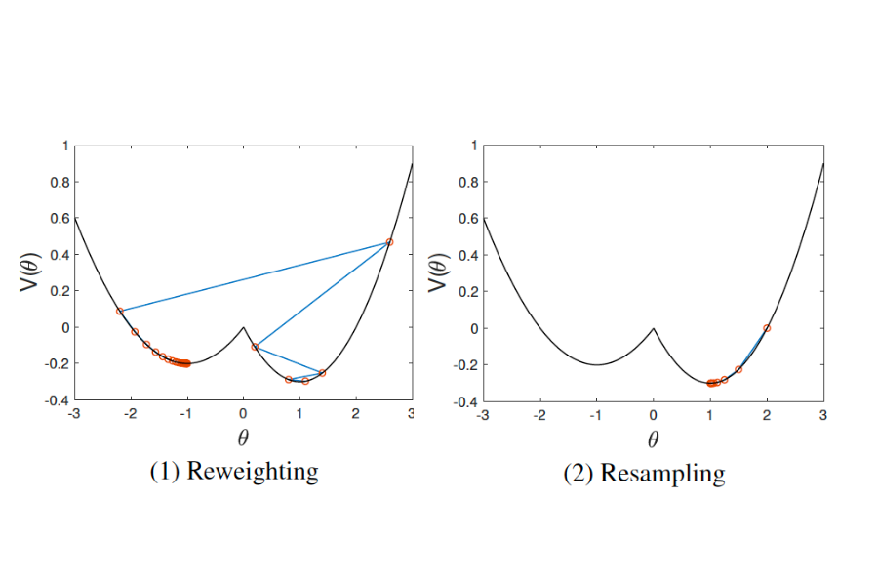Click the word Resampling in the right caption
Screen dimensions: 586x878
pyautogui.click(x=662, y=474)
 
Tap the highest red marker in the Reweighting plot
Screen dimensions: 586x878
pyautogui.click(x=389, y=242)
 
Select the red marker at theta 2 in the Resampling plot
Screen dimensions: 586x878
pyautogui.click(x=767, y=328)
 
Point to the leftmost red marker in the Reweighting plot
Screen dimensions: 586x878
pyautogui.click(x=120, y=311)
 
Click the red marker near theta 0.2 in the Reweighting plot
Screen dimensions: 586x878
pyautogui.click(x=255, y=347)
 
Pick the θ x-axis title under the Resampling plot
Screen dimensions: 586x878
pyautogui.click(x=653, y=438)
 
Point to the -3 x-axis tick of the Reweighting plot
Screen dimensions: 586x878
pyautogui.click(x=73, y=414)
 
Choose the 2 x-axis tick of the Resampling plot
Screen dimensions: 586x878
pyautogui.click(x=767, y=415)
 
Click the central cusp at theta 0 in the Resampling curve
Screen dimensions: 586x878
pyautogui.click(x=654, y=329)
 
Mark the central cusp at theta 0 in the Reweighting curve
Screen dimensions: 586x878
pyautogui.click(x=243, y=328)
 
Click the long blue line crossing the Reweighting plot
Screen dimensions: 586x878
pyautogui.click(x=254, y=276)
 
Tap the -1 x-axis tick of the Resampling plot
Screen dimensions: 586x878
pyautogui.click(x=595, y=415)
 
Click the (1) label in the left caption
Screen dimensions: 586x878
pyautogui.click(x=163, y=472)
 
